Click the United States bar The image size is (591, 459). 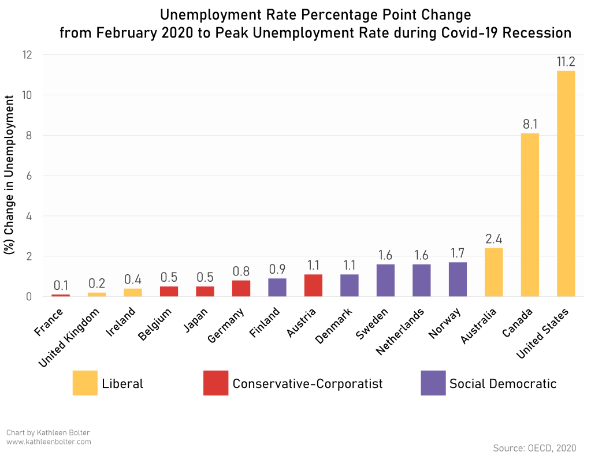click(x=566, y=183)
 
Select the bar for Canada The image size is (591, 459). click(x=530, y=215)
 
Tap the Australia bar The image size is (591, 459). click(x=494, y=272)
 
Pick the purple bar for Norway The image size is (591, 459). click(x=458, y=279)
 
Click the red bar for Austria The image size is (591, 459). click(x=314, y=285)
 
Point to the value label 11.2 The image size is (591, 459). click(x=566, y=61)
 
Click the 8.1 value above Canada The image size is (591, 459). click(x=530, y=124)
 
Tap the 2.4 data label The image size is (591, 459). click(x=494, y=238)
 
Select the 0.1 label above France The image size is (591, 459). click(x=61, y=285)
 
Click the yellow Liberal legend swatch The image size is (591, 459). click(x=85, y=383)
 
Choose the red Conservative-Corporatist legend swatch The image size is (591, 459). click(x=215, y=383)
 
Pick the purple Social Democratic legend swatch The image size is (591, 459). click(x=433, y=383)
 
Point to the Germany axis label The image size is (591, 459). click(x=226, y=326)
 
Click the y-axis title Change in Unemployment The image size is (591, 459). click(x=10, y=175)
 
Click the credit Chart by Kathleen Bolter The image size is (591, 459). click(x=49, y=432)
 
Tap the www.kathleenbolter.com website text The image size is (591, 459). click(x=49, y=442)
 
